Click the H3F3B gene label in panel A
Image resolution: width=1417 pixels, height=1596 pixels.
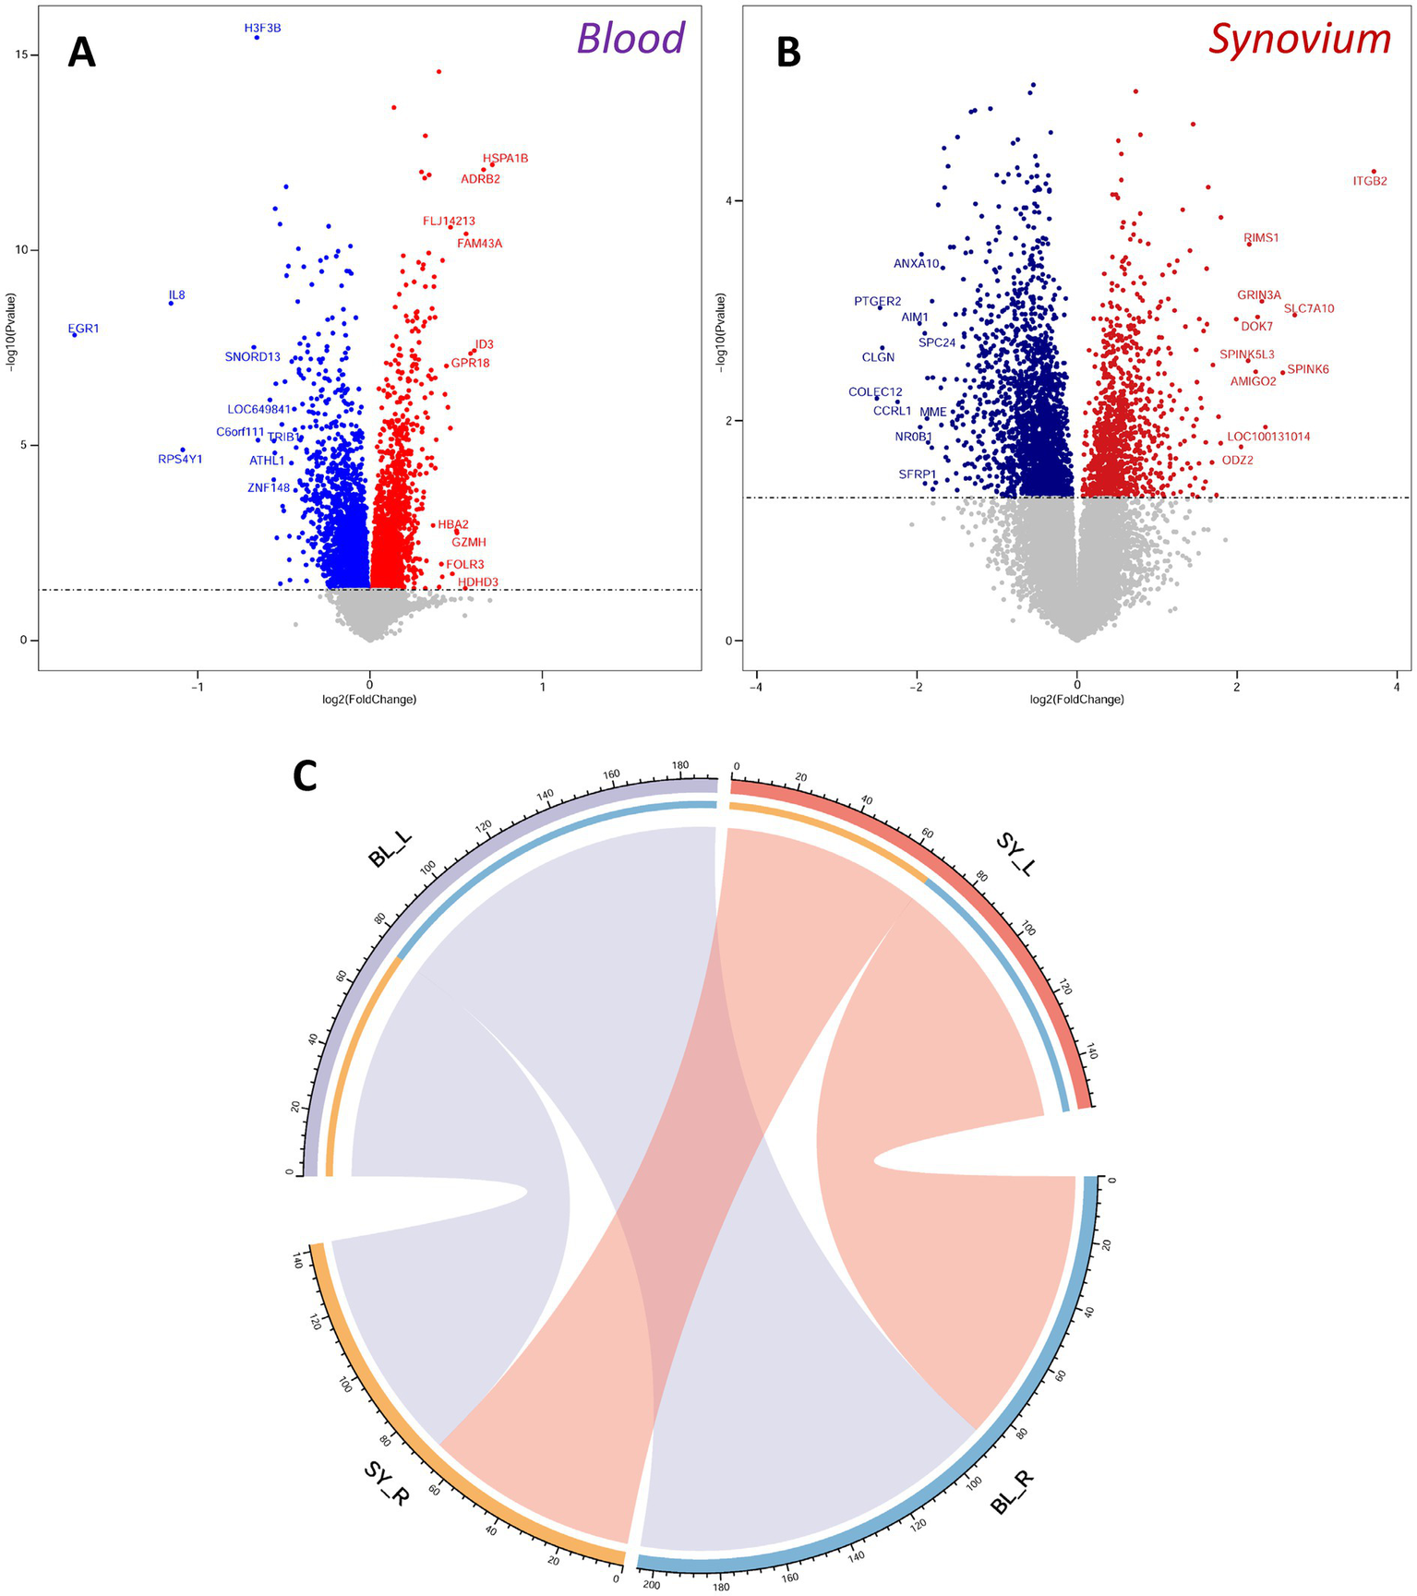(262, 29)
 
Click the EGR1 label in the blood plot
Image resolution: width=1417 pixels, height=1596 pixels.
(84, 329)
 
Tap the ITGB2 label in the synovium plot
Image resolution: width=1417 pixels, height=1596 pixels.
(1370, 181)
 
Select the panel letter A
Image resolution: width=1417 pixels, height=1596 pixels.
(81, 53)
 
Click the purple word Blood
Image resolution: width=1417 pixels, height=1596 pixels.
(630, 39)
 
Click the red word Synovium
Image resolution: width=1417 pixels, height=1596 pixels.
(1300, 39)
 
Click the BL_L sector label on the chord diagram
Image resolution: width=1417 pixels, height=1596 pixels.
(390, 848)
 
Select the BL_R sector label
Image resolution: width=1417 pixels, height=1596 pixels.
(1013, 1493)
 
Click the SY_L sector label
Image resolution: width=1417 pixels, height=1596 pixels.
(1015, 854)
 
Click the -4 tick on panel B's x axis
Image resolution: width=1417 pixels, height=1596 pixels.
(755, 687)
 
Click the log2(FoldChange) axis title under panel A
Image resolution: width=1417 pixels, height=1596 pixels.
(369, 700)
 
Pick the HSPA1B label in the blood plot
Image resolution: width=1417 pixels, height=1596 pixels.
(505, 159)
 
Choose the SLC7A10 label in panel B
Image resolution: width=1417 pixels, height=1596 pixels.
(1309, 308)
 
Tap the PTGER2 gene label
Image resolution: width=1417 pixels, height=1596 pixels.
(877, 301)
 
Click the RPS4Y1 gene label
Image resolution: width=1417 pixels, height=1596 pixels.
(180, 459)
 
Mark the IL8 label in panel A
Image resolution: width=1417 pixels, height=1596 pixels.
(176, 295)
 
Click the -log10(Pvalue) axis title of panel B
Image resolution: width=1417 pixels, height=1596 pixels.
(721, 332)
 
